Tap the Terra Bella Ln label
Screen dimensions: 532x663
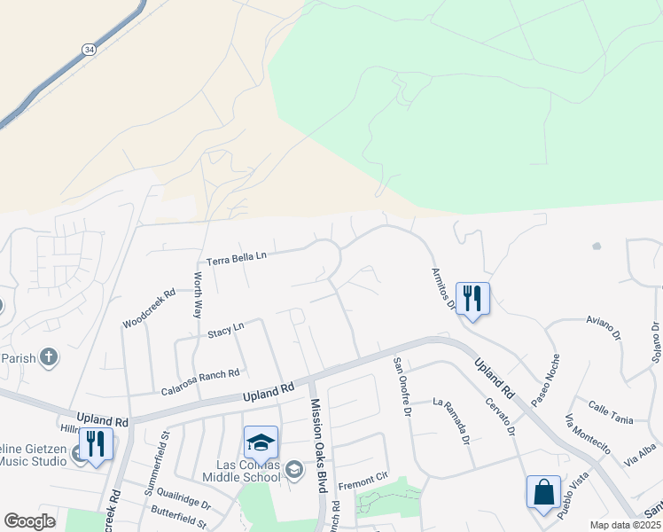(x=237, y=259)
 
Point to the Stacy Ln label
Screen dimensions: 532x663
(x=225, y=332)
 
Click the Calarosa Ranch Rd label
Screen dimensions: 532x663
(x=200, y=381)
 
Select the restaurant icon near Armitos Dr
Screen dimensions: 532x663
(x=472, y=298)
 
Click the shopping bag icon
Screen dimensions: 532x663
(x=542, y=492)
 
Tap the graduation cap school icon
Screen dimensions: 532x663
(x=261, y=442)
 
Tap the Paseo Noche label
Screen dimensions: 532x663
(x=545, y=382)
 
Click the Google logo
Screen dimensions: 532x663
(x=29, y=521)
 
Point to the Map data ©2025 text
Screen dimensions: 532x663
(x=624, y=525)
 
